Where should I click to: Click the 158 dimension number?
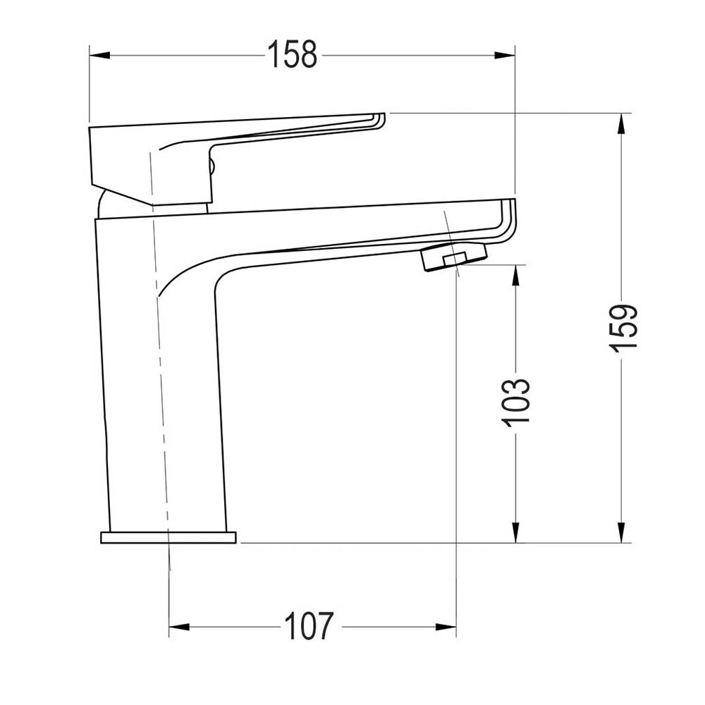293,55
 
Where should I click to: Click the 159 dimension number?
623,326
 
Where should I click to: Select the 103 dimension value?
517,400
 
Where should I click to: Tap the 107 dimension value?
308,626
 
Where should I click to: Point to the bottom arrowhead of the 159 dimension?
621,532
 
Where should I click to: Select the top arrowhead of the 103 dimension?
517,276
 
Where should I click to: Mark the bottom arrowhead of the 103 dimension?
517,532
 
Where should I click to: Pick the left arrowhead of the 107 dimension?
180,626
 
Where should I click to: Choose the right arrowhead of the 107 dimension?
446,626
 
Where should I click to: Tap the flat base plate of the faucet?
168,538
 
